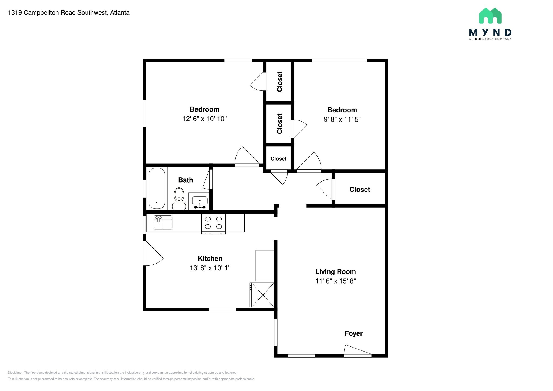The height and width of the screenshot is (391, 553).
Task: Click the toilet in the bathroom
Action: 179,199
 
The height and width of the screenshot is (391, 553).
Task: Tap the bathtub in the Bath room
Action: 157,188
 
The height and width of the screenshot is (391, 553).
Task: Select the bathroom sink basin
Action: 200,201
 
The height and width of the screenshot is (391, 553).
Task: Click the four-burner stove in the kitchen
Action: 213,224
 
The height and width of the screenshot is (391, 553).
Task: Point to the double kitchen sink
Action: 163,222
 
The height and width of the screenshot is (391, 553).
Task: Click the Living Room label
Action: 335,271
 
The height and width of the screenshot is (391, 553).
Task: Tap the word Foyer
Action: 353,333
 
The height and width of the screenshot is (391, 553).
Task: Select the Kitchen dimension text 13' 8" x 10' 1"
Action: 210,268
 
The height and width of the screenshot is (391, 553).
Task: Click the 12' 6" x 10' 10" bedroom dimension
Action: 204,119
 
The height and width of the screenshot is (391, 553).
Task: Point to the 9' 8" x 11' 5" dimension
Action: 342,119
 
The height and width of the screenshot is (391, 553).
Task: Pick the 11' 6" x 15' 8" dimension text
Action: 335,281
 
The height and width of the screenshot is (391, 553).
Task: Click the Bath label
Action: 186,180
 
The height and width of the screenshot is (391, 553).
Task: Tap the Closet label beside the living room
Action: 360,190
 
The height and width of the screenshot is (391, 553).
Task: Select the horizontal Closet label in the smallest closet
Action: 278,159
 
